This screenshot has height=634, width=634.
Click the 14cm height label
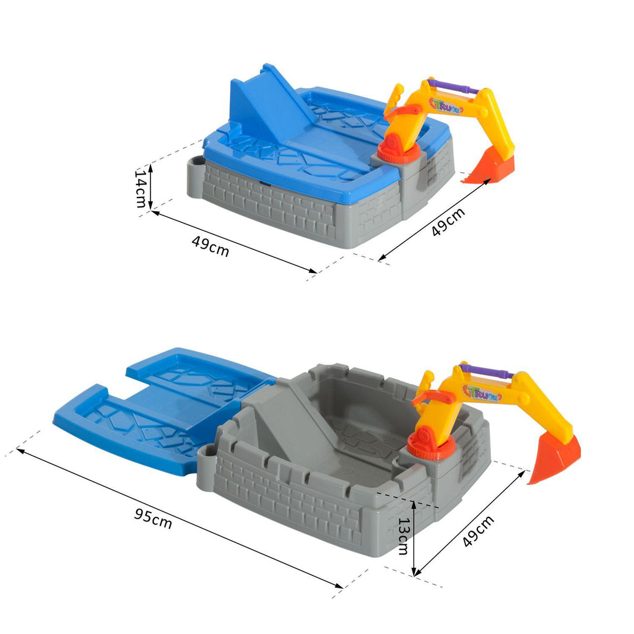[141, 188]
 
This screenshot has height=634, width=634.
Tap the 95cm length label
[154, 519]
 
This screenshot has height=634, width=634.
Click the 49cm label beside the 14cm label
[211, 246]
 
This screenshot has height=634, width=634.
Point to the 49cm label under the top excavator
[448, 222]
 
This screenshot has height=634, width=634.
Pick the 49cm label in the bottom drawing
[478, 531]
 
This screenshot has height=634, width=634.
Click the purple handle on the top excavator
[454, 87]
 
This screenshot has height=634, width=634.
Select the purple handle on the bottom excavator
[489, 371]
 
